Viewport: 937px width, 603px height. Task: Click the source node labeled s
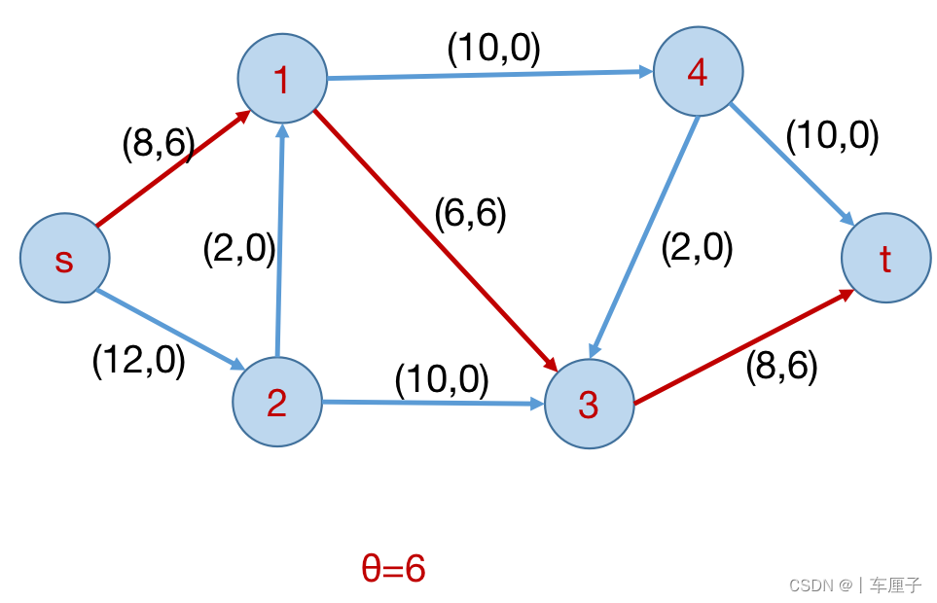(x=64, y=259)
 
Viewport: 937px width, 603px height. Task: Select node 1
(x=282, y=80)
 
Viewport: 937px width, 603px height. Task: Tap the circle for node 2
(x=277, y=402)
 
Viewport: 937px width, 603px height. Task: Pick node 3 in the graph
(x=589, y=404)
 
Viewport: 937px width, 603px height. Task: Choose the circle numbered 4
(x=698, y=72)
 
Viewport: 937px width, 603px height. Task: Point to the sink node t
(x=885, y=259)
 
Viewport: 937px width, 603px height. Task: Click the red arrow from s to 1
(x=171, y=169)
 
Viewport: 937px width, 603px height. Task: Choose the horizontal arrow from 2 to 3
(x=433, y=402)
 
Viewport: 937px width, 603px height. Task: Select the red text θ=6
(x=393, y=568)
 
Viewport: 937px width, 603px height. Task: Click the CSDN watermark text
(x=854, y=585)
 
